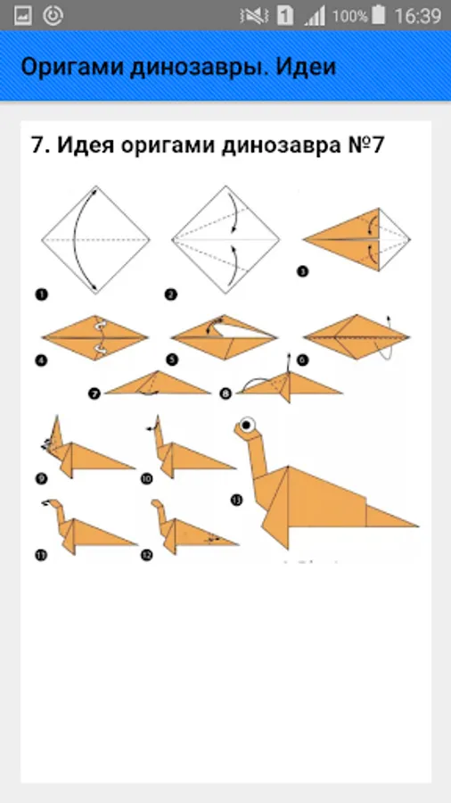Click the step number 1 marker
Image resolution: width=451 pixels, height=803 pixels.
click(x=41, y=294)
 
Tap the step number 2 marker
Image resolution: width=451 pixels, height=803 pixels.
click(x=171, y=294)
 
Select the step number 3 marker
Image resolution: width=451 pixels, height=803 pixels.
click(x=303, y=272)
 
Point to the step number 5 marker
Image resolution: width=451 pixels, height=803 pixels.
click(x=173, y=360)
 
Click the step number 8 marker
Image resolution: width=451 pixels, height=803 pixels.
click(x=225, y=393)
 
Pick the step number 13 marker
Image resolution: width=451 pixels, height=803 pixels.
click(x=236, y=501)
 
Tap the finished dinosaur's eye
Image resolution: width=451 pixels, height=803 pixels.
click(x=249, y=425)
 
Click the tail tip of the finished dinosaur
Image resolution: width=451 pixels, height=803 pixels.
click(x=418, y=526)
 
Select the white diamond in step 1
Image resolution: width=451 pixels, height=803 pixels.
click(x=95, y=240)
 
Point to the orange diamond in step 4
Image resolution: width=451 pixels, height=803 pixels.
click(x=95, y=337)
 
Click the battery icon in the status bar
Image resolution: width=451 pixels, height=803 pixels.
click(x=379, y=15)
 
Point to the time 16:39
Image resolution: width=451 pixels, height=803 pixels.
click(x=417, y=16)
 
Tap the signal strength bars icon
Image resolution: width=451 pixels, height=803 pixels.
click(x=315, y=16)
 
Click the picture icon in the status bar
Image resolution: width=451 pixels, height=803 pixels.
click(x=23, y=16)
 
